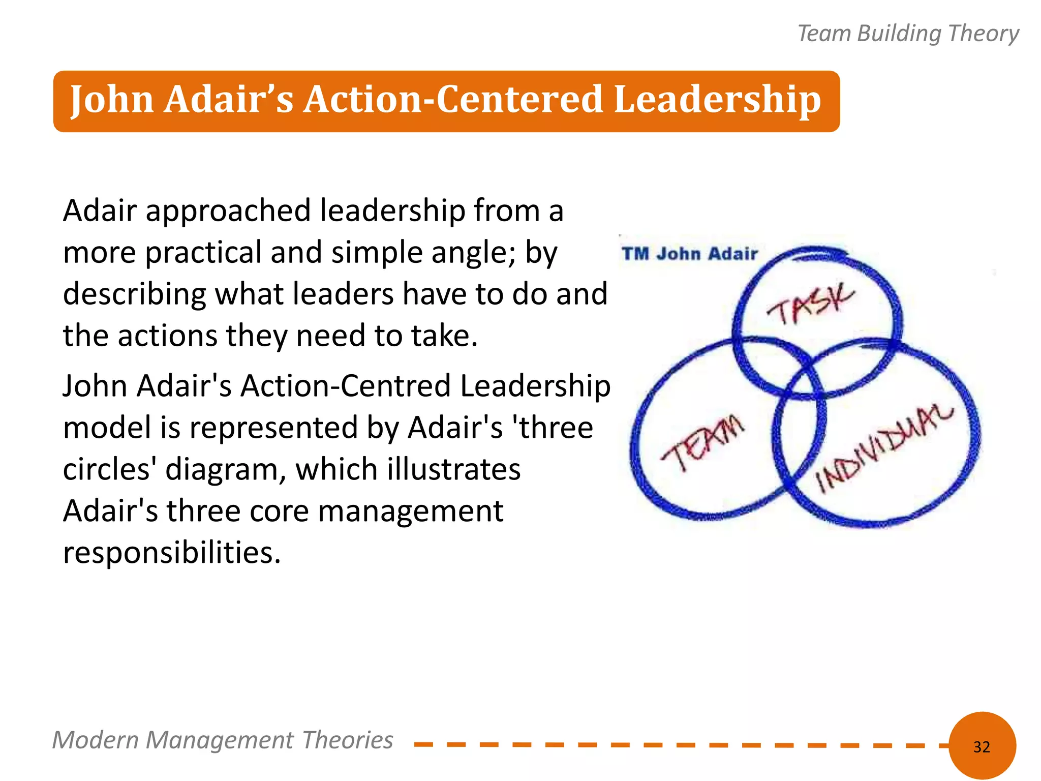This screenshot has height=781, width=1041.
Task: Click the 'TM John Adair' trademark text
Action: tap(690, 254)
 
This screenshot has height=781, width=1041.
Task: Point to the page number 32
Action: tap(982, 746)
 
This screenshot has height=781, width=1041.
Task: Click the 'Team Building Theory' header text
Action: tap(908, 34)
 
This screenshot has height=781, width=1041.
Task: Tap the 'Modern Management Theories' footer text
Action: tap(223, 740)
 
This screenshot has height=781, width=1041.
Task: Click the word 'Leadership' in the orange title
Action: tap(717, 99)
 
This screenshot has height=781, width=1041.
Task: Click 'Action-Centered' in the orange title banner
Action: tap(453, 99)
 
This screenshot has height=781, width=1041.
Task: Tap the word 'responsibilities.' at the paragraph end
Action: tap(172, 553)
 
